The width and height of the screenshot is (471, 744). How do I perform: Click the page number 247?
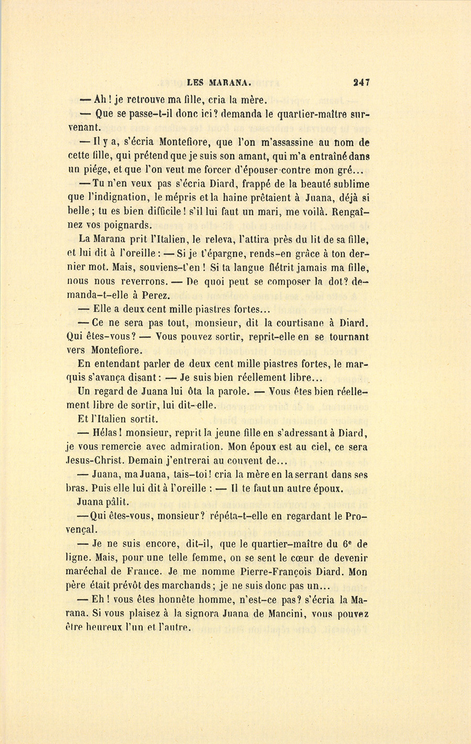tap(361, 82)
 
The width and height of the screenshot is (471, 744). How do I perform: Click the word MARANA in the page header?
tap(231, 82)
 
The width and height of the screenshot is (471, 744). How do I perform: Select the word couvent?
tap(241, 461)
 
